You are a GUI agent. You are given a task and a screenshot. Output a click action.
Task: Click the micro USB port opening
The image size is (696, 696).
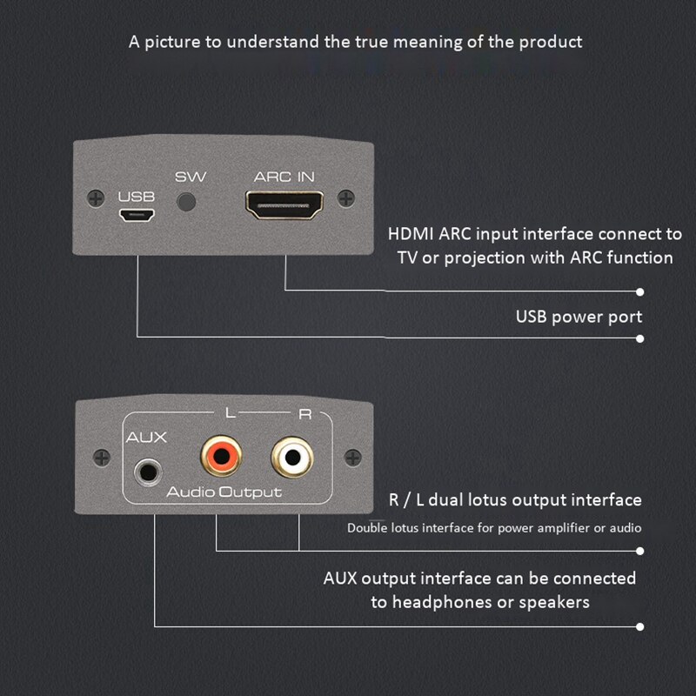(137, 214)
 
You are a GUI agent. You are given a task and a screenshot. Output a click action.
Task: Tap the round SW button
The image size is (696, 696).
(188, 204)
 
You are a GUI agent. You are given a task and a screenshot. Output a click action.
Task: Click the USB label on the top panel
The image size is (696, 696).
(137, 197)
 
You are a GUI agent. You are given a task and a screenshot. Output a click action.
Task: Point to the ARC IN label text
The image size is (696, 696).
(284, 177)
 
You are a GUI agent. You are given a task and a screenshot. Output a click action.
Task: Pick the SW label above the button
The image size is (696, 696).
(191, 177)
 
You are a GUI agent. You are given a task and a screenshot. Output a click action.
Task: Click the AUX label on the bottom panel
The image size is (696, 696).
(146, 438)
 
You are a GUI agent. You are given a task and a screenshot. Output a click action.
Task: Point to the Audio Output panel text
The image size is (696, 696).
(224, 492)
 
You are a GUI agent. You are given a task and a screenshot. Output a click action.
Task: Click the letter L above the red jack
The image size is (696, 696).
(230, 414)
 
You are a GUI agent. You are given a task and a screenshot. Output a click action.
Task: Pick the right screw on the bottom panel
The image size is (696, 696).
(351, 456)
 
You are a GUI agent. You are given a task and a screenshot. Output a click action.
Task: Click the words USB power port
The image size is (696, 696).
(579, 316)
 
